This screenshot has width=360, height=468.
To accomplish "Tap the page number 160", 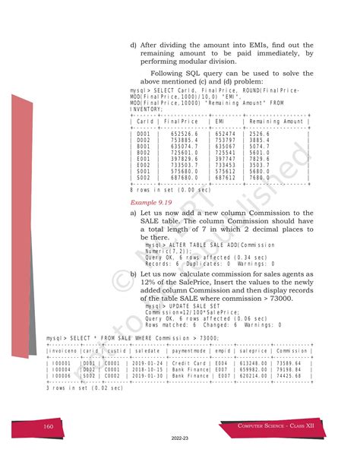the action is pos(48,427).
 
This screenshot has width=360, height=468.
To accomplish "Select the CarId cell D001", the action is pos(143,133).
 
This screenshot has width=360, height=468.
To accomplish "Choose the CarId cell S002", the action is pos(143,179).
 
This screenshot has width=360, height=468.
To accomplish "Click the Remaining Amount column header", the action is pos(276,122).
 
